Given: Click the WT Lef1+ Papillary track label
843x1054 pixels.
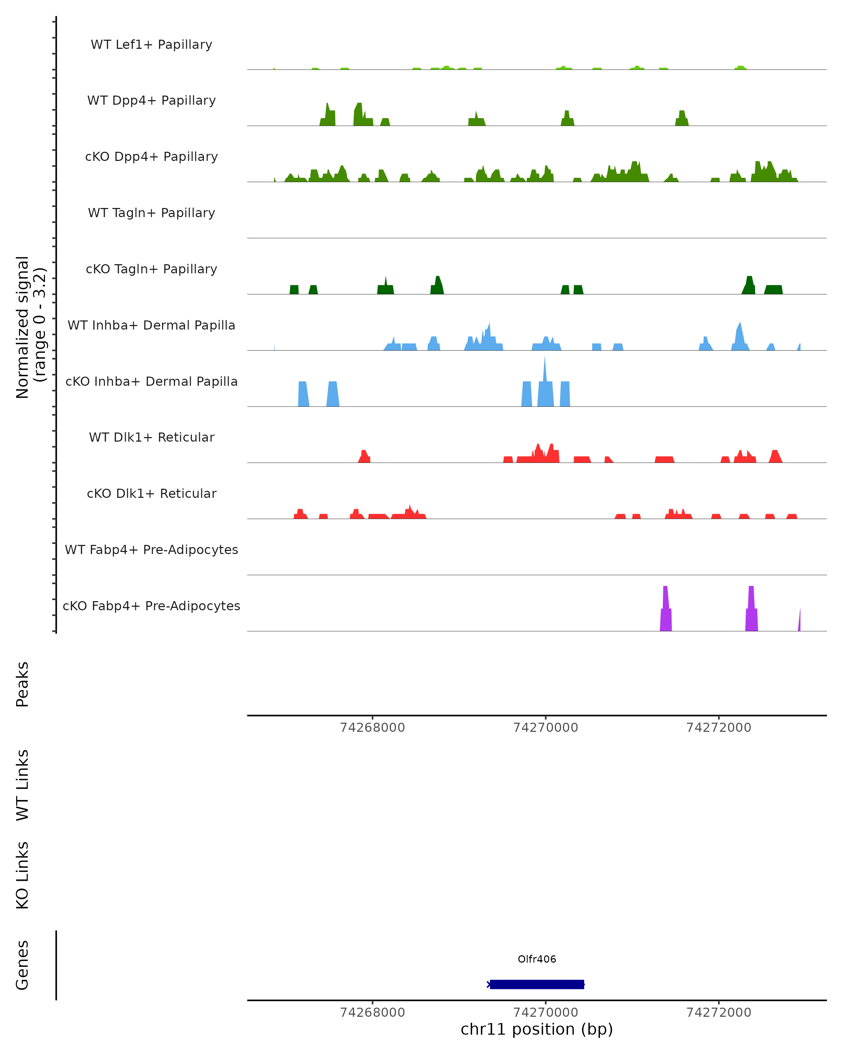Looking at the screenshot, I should tap(151, 45).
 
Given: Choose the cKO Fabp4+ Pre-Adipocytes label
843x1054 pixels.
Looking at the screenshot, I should tap(151, 606).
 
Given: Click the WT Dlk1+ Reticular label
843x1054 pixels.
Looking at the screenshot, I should tap(151, 437).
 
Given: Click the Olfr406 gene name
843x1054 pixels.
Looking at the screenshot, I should tap(537, 959).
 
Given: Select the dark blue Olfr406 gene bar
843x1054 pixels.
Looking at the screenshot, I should tap(537, 984).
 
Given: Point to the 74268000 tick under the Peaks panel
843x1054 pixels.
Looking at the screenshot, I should tap(372, 728).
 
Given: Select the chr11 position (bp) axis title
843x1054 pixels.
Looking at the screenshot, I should tap(537, 1029).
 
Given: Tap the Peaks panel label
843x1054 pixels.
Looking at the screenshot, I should tap(22, 684).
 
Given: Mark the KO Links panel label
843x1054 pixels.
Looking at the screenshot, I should tap(22, 876).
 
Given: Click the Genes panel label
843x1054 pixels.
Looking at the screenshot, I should tap(22, 965).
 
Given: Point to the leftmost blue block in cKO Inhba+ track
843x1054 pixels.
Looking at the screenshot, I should tap(303, 394).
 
